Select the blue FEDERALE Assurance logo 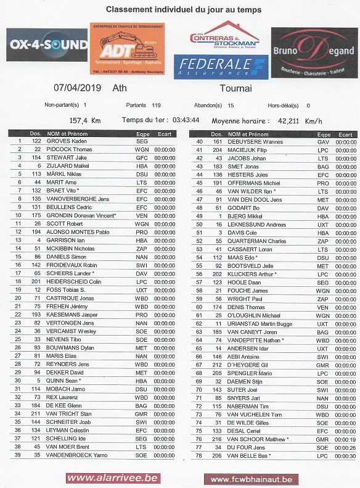221,67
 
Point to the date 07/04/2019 76,88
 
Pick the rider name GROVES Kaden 67,141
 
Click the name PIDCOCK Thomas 69,149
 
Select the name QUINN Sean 62,381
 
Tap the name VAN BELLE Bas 248,455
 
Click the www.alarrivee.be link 113,478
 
